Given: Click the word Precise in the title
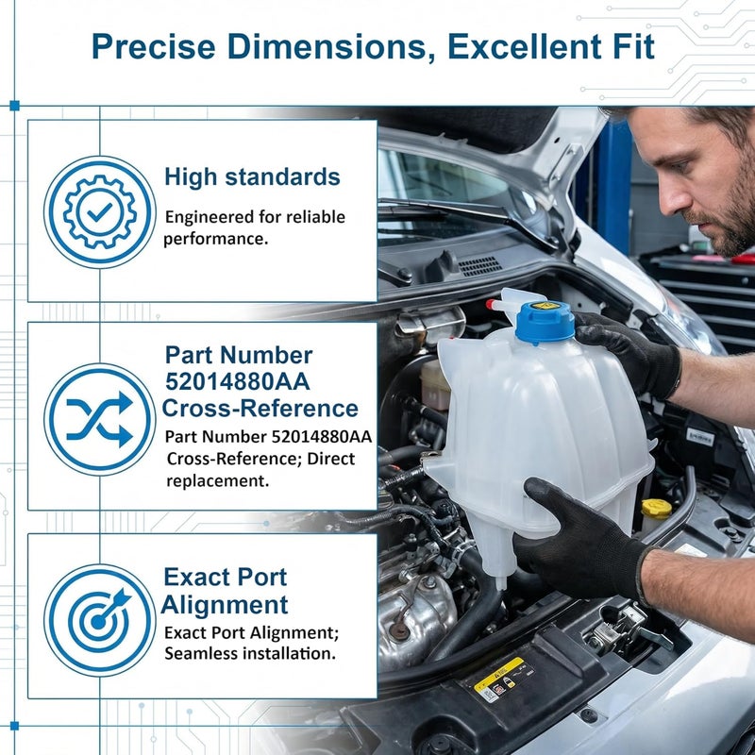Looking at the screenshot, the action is click(153, 46).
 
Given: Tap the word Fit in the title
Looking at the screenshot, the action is click(633, 46).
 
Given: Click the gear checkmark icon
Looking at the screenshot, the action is click(100, 211).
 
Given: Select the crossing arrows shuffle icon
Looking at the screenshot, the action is click(100, 419).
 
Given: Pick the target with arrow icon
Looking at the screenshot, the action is click(100, 620).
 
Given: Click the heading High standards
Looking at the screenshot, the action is click(252, 176).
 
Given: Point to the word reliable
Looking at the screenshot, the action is click(315, 217).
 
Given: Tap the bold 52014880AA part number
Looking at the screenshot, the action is click(238, 382).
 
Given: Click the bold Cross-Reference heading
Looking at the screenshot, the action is click(260, 408).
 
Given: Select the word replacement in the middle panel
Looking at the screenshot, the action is click(218, 480).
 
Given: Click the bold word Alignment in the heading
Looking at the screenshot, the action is click(225, 605).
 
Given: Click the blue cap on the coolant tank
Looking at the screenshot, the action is click(545, 322).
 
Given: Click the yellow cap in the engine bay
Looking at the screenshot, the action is click(656, 509).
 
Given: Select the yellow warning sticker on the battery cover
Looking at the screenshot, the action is click(498, 675).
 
